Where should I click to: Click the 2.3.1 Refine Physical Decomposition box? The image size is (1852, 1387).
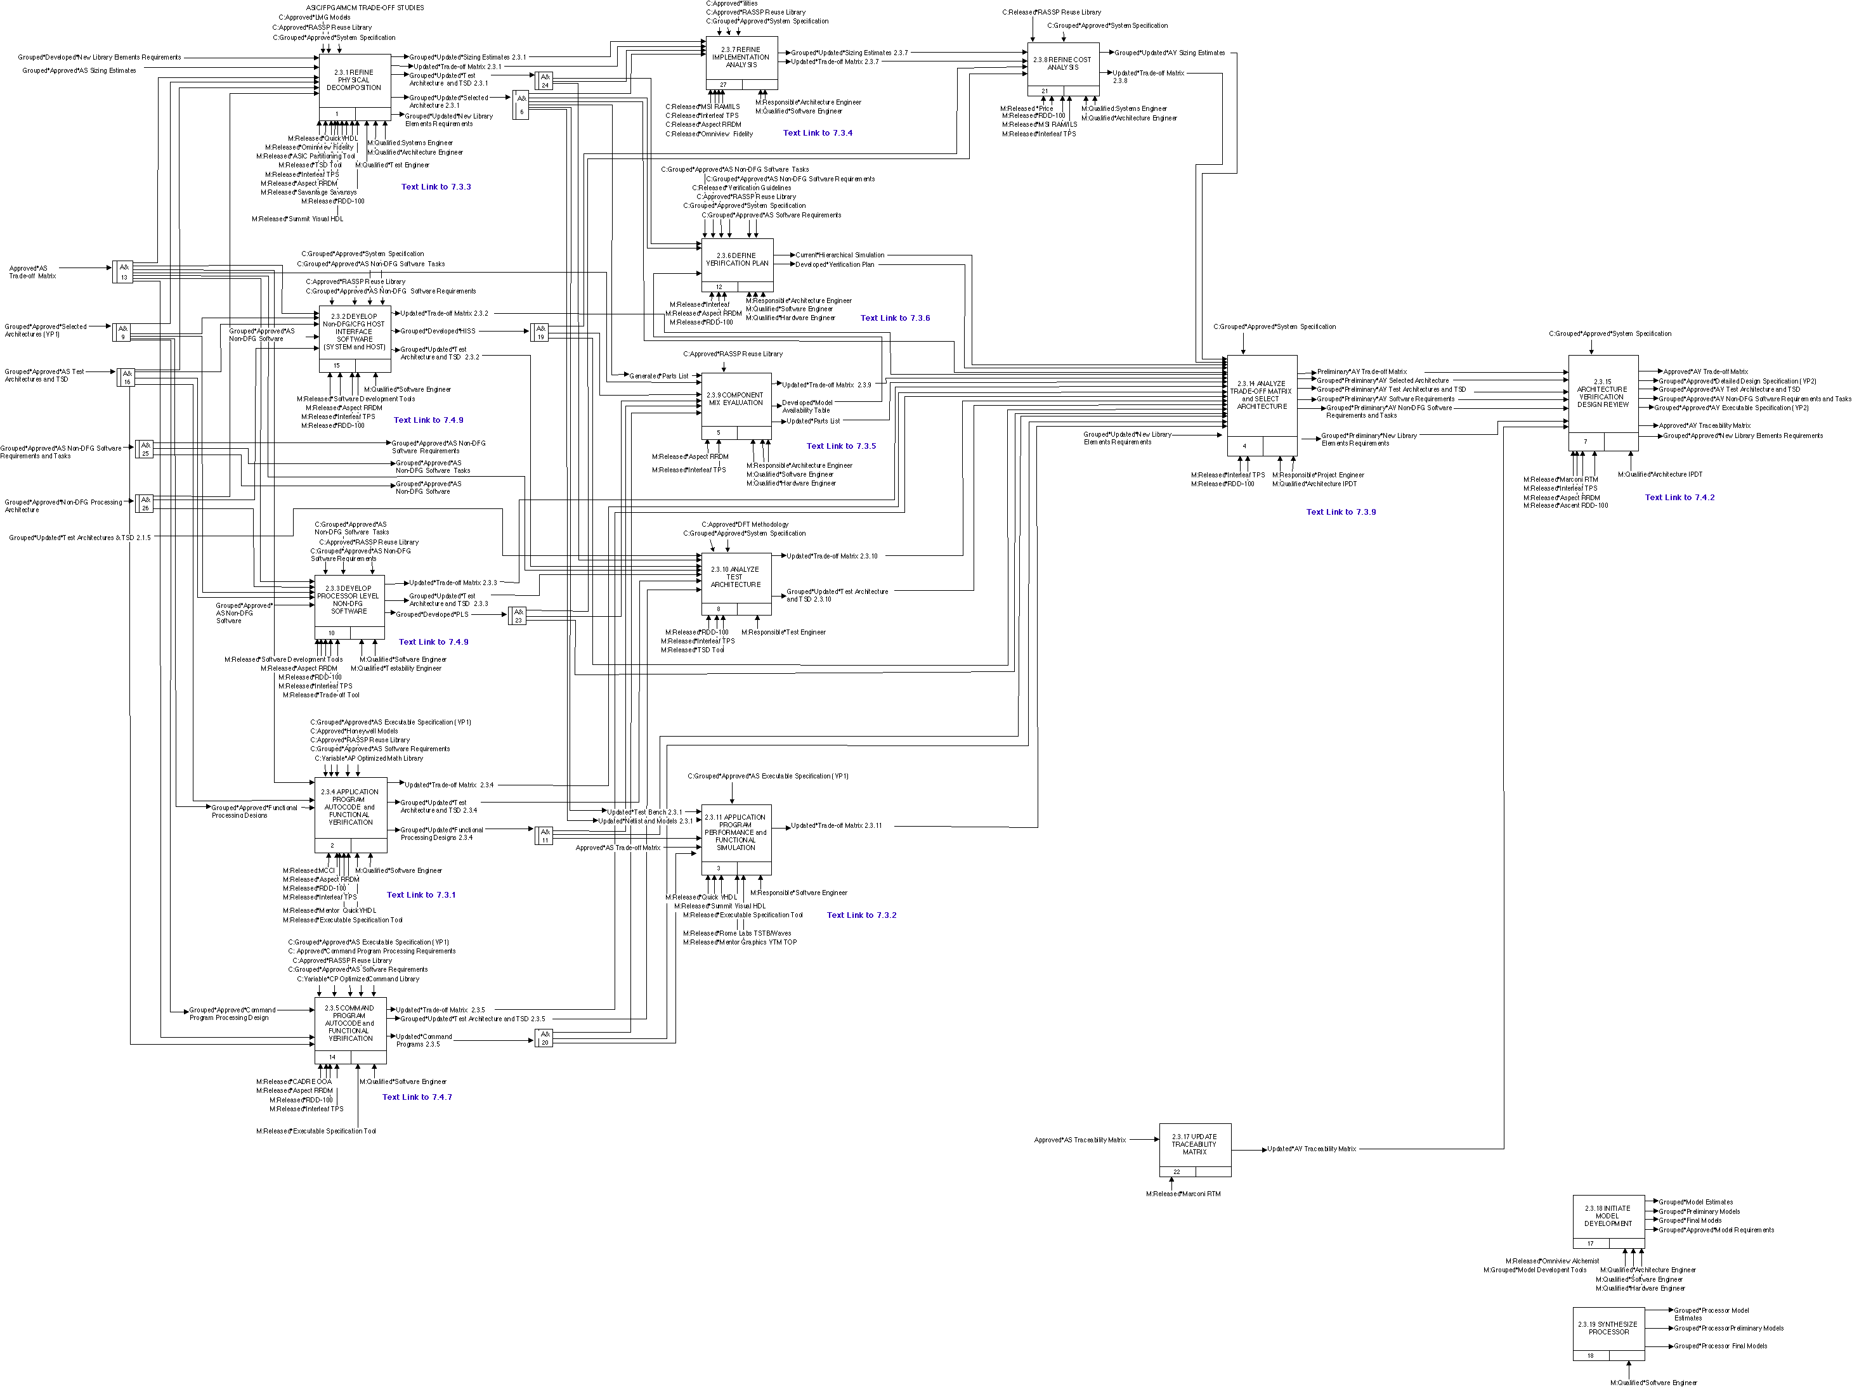354,81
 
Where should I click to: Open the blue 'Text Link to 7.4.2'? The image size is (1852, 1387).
1679,497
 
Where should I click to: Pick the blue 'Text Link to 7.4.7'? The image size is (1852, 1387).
417,1097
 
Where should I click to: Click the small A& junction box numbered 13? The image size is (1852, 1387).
123,272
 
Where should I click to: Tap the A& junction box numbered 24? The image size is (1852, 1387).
545,81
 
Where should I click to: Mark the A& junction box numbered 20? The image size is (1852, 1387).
545,1039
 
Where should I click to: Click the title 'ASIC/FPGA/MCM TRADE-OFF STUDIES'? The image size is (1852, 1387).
365,8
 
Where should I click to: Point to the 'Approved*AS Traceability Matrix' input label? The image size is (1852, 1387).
1079,1140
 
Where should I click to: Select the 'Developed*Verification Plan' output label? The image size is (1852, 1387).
835,264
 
